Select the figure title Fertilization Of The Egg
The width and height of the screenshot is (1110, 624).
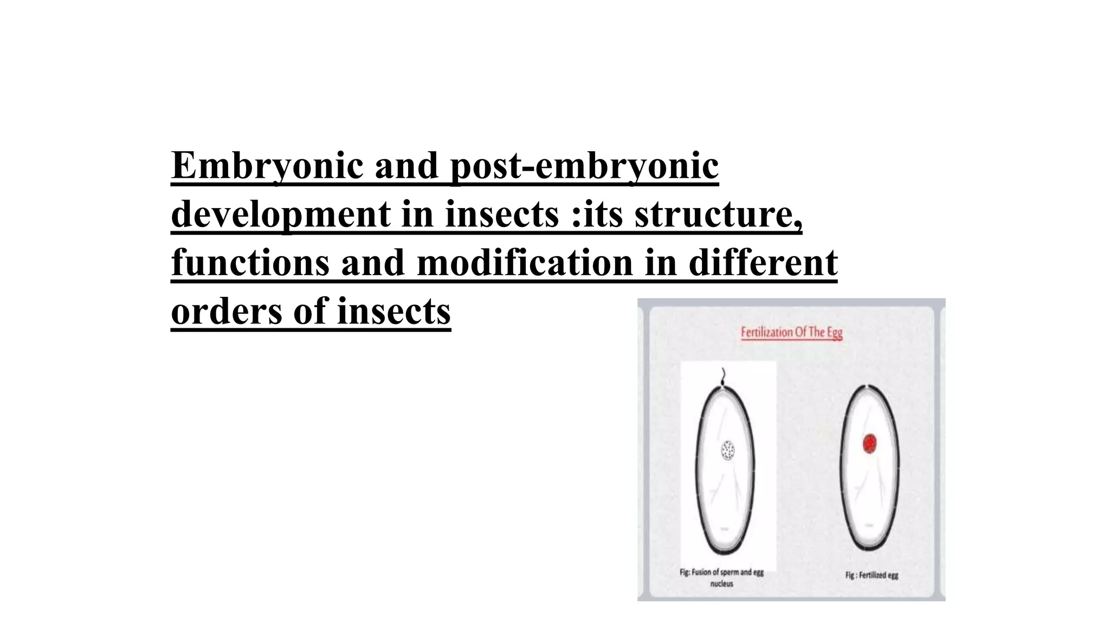coord(791,332)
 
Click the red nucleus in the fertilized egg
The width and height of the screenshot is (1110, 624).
coord(870,444)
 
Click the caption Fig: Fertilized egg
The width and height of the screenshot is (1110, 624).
coord(872,575)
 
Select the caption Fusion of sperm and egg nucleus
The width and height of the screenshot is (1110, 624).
coord(721,577)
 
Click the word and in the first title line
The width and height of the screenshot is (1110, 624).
coord(406,165)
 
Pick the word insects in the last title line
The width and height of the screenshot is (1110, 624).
coord(393,311)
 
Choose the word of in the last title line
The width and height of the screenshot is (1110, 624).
coord(311,311)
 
